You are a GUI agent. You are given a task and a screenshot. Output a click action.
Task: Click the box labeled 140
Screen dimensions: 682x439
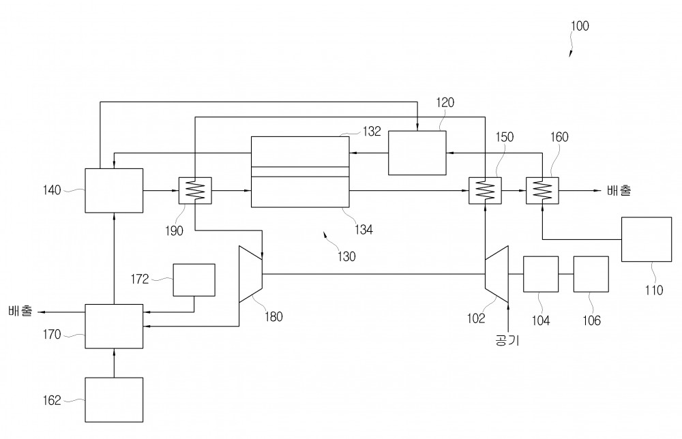114,190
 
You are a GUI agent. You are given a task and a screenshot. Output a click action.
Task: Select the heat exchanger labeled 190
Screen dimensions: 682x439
195,190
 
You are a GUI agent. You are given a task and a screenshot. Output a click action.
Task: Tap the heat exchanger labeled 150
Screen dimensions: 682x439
485,190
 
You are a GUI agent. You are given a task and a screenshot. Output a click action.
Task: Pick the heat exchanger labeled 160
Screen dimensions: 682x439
542,190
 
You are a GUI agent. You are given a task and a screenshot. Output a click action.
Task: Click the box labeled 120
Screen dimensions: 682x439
417,153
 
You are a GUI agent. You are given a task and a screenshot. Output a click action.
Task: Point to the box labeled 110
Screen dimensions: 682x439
647,239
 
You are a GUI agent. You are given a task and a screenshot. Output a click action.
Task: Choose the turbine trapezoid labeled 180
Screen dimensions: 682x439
250,274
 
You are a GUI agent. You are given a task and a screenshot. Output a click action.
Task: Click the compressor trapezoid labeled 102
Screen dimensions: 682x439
496,274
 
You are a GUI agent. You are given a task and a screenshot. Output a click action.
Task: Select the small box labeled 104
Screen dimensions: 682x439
541,274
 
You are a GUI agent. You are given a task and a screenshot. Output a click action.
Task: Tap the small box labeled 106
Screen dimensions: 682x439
591,274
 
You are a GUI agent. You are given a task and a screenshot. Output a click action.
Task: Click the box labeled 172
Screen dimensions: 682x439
194,280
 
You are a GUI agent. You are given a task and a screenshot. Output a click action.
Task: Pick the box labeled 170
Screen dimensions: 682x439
114,327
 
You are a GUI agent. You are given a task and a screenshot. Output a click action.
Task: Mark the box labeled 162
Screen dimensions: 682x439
114,400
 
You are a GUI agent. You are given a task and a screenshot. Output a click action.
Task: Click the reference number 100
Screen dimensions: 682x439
579,26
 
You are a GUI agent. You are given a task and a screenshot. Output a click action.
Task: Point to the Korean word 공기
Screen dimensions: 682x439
507,339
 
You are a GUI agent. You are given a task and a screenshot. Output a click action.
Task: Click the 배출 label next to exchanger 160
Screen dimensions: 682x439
619,190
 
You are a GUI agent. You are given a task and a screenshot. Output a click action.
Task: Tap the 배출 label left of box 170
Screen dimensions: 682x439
20,311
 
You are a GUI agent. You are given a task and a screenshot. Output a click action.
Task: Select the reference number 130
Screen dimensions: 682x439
346,256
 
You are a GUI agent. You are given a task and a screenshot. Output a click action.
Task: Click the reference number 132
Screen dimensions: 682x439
372,132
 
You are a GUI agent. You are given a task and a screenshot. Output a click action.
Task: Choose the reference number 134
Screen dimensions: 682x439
364,230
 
